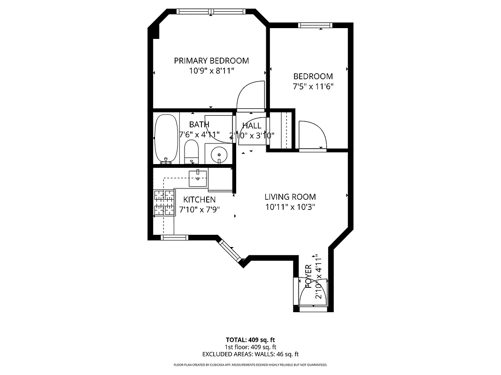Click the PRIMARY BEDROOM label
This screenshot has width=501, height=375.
211,60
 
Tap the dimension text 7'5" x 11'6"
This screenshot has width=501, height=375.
313,86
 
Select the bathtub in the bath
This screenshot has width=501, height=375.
166,138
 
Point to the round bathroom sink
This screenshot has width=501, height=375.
219,153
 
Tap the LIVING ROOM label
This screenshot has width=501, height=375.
290,197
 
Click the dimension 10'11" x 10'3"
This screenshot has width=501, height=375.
290,207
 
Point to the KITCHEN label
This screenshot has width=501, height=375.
200,200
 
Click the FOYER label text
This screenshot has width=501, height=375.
308,276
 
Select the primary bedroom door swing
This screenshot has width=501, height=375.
251,96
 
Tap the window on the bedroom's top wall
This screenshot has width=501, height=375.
316,25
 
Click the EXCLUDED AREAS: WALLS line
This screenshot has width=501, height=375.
250,354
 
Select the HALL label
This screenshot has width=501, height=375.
252,126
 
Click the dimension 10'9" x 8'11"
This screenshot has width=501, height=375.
211,71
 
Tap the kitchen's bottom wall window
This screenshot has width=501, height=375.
175,238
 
